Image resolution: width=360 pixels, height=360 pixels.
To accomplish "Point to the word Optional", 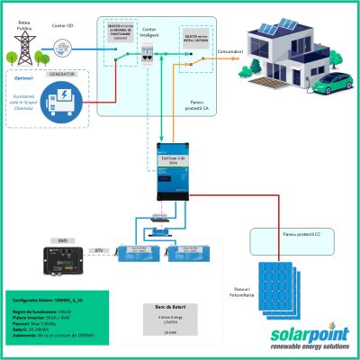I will [22, 77].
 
